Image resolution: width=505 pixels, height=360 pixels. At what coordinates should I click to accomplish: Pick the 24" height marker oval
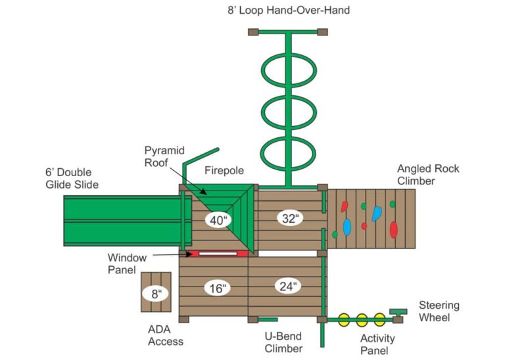coord(287,286)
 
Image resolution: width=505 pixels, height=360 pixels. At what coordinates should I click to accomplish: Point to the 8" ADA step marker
coord(156,293)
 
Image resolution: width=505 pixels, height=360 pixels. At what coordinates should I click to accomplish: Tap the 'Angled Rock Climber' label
coord(428,174)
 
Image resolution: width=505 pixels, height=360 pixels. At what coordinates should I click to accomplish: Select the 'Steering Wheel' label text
coord(439,311)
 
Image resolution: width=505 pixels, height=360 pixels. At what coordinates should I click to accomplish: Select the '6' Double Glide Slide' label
coord(72,178)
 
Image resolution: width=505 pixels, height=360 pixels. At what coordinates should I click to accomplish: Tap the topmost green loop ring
coord(289,70)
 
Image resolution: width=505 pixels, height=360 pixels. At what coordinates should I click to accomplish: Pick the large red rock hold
coord(393,229)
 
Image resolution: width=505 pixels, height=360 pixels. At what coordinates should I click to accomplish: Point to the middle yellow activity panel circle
coord(362,320)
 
